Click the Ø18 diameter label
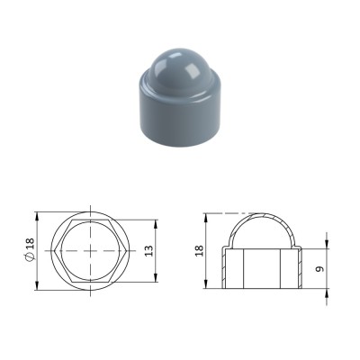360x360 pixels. point(31,249)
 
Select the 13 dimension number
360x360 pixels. point(149,251)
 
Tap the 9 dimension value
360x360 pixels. point(320,269)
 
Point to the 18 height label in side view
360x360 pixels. point(200,251)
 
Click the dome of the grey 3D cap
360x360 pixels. point(180,69)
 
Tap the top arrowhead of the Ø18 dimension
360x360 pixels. point(37,216)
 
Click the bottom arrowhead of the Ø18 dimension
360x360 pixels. point(37,285)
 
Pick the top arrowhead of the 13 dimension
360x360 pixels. point(156,224)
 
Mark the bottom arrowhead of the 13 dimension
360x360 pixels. point(156,278)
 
